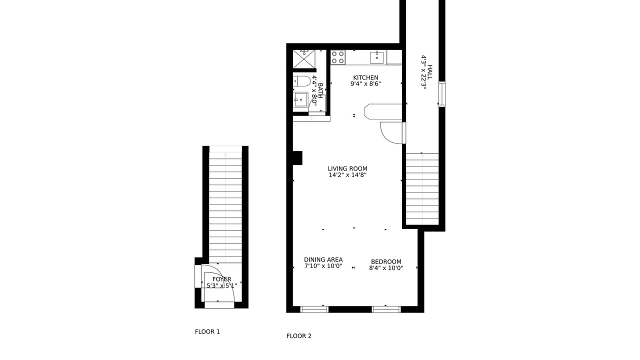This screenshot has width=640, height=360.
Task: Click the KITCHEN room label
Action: pyautogui.click(x=365, y=77)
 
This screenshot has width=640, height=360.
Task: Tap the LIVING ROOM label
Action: pyautogui.click(x=347, y=168)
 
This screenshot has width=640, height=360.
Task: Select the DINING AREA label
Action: pyautogui.click(x=323, y=259)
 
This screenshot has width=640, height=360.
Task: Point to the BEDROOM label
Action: pyautogui.click(x=386, y=261)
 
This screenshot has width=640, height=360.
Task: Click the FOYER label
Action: pyautogui.click(x=221, y=279)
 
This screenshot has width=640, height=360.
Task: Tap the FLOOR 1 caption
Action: pyautogui.click(x=207, y=331)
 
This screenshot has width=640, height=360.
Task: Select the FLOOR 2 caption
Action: pyautogui.click(x=299, y=336)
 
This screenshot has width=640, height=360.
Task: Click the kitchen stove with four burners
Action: pyautogui.click(x=337, y=57)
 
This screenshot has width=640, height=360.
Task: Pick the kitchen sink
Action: pyautogui.click(x=377, y=57)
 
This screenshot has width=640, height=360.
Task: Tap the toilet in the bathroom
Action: pyautogui.click(x=301, y=81)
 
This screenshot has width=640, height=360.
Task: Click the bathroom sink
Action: pyautogui.click(x=300, y=99)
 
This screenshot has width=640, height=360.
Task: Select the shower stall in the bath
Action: pyautogui.click(x=304, y=59)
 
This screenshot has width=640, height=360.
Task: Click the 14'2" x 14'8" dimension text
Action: pyautogui.click(x=347, y=175)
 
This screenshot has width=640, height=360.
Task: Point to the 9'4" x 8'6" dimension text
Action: pyautogui.click(x=365, y=83)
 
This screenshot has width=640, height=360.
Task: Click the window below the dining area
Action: pyautogui.click(x=314, y=309)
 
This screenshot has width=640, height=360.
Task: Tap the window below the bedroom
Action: pyautogui.click(x=386, y=309)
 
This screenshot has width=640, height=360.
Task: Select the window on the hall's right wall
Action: pyautogui.click(x=442, y=94)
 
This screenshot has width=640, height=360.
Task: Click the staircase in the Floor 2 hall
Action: pyautogui.click(x=422, y=189)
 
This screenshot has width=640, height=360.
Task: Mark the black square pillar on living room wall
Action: pyautogui.click(x=297, y=158)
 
